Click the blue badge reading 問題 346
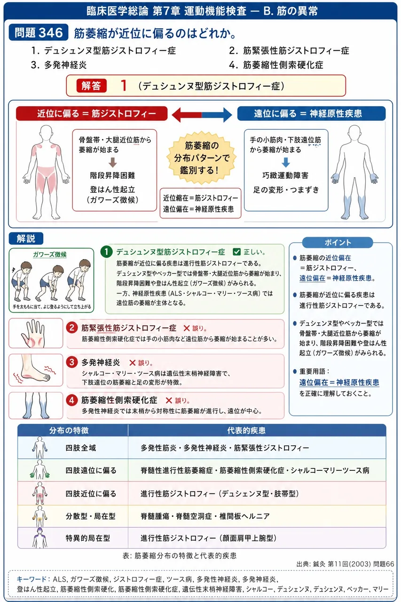point(39,32)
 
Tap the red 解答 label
point(91,86)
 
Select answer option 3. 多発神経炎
point(59,65)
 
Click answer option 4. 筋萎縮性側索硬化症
point(276,65)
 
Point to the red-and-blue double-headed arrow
point(202,115)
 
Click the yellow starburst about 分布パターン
point(201,158)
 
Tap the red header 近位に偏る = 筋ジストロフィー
point(92,113)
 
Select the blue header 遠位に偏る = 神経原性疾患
point(311,113)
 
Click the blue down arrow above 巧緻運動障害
point(286,162)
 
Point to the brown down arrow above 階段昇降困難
point(112,162)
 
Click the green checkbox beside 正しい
point(236,252)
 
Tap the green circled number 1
point(107,252)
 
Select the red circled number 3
point(72,362)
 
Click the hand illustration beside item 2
point(33,333)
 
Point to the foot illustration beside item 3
point(35,370)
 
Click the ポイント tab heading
point(338,243)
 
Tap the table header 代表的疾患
point(246,430)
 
